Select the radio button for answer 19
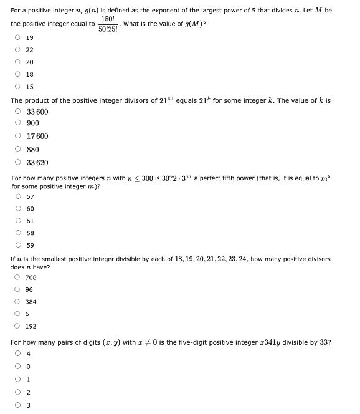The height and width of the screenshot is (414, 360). tap(17, 37)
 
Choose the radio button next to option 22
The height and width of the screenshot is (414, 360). tap(17, 50)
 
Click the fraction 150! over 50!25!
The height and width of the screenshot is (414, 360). tap(108, 24)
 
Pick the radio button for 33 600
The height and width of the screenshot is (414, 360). tap(17, 112)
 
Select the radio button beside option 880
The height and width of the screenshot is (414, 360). tap(17, 150)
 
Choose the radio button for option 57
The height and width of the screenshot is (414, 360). tap(17, 196)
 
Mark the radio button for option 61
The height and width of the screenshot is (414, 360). tap(17, 221)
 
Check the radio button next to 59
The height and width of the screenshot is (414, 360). tap(17, 246)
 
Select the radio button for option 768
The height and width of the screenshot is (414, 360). tap(17, 277)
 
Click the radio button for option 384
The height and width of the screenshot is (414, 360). tap(17, 302)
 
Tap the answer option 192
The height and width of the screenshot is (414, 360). tap(30, 326)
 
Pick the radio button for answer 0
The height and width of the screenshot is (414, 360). tap(17, 368)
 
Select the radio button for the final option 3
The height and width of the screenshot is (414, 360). tap(17, 405)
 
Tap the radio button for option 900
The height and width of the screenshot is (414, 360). tap(17, 123)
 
